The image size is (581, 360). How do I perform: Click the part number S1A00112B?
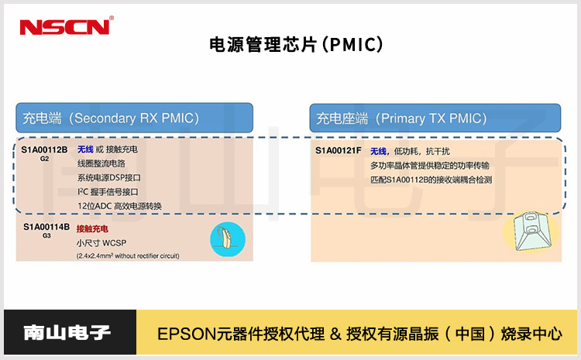pyautogui.click(x=44, y=149)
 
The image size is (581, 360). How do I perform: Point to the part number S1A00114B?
pyautogui.click(x=46, y=227)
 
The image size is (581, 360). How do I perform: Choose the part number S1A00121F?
pyautogui.click(x=338, y=150)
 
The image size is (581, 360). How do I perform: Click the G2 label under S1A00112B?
pyautogui.click(x=44, y=158)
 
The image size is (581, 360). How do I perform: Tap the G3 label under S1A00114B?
pyautogui.click(x=46, y=235)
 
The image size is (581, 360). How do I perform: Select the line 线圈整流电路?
pyautogui.click(x=101, y=163)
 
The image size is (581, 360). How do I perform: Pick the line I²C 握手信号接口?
pyautogui.click(x=108, y=191)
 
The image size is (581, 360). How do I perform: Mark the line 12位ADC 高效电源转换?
pyautogui.click(x=119, y=206)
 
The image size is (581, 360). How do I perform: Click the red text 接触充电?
pyautogui.click(x=92, y=229)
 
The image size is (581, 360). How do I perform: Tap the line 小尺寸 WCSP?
pyautogui.click(x=101, y=242)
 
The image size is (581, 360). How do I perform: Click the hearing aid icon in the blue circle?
pyautogui.click(x=227, y=238)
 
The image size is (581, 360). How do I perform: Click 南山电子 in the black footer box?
pyautogui.click(x=67, y=334)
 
